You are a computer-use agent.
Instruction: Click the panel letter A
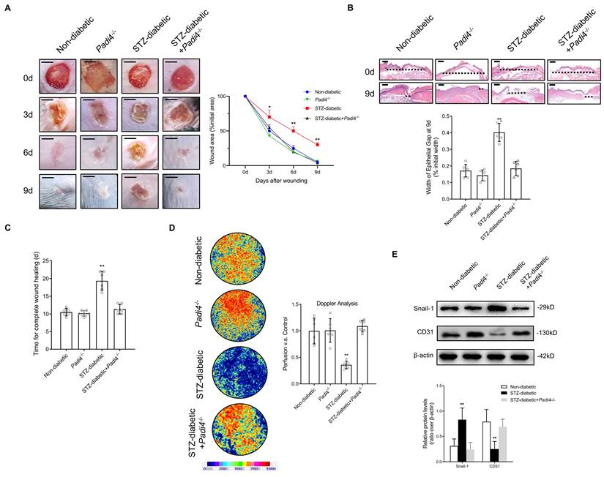pos(9,9)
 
